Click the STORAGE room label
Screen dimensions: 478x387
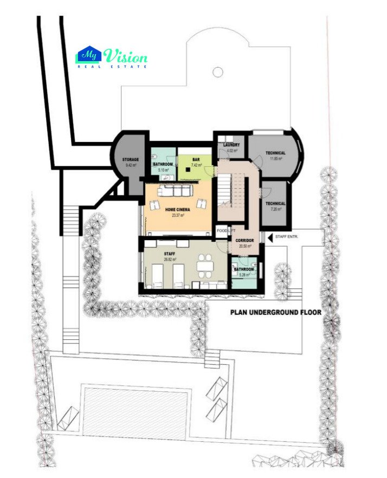point(131,159)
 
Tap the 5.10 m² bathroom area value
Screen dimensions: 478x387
point(163,170)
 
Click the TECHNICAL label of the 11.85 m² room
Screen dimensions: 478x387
point(275,153)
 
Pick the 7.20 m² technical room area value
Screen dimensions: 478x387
point(275,209)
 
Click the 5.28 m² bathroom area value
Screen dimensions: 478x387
point(244,275)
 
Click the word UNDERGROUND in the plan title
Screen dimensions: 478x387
point(275,312)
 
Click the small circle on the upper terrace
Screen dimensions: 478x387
point(217,71)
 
